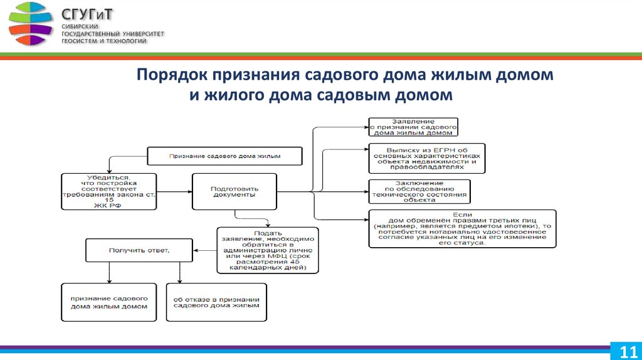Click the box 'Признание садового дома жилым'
click(224, 155)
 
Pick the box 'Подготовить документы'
click(234, 191)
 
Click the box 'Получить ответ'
click(140, 251)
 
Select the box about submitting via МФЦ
click(268, 250)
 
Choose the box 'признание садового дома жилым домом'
click(109, 302)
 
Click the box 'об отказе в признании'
click(216, 302)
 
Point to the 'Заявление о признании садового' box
click(413, 127)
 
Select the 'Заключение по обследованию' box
click(419, 191)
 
